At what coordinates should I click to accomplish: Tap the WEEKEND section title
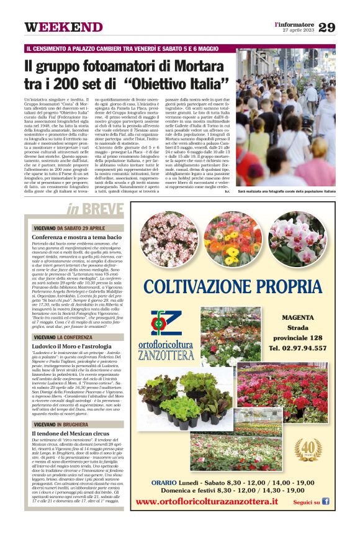coord(63,27)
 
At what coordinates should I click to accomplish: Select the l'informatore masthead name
coord(295,24)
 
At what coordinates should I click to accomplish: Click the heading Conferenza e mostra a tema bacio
coord(76,237)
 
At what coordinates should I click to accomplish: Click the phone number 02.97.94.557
coord(307,348)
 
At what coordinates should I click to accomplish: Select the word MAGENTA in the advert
coord(306,317)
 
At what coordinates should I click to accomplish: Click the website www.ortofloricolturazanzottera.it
coord(215,501)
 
